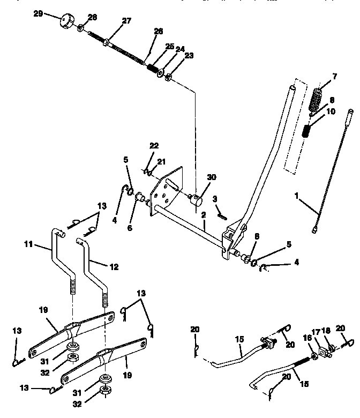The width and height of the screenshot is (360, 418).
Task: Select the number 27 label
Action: click(126, 21)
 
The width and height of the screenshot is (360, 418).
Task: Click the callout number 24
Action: click(180, 49)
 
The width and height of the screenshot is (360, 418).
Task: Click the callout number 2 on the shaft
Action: click(203, 215)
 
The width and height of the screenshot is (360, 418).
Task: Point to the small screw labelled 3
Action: click(222, 215)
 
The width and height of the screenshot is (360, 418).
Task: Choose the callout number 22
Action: click(154, 146)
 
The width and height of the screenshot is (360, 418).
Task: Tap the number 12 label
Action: click(114, 266)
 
